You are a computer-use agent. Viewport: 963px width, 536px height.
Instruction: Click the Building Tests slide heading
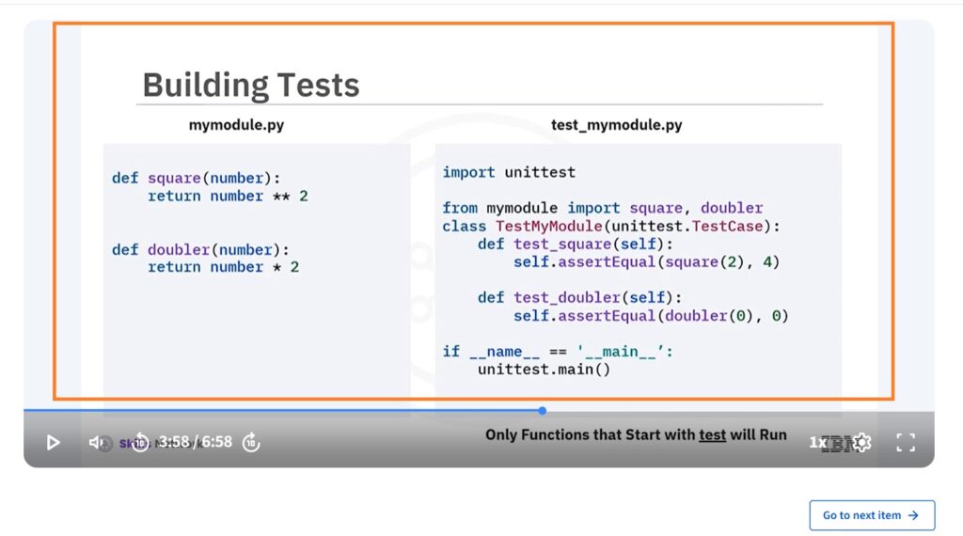point(250,86)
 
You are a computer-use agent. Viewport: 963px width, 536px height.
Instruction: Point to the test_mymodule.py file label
point(616,125)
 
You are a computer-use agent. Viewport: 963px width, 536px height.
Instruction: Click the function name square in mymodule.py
point(174,178)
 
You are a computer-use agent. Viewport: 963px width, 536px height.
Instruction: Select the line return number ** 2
point(228,196)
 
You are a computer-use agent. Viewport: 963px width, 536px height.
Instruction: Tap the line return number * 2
point(223,267)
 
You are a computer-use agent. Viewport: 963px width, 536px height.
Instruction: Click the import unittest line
point(509,172)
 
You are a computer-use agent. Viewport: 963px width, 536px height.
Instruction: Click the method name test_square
point(557,244)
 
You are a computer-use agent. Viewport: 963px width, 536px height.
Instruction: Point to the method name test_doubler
point(560,297)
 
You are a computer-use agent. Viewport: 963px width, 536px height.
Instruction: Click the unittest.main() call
point(544,370)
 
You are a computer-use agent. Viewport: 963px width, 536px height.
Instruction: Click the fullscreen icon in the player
point(905,443)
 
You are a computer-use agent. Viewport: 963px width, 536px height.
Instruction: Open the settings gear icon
point(862,443)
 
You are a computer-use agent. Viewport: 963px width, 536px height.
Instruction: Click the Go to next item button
point(872,515)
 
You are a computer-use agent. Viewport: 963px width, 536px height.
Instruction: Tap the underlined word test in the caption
point(712,434)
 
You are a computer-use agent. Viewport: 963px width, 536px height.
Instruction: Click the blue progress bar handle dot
point(543,410)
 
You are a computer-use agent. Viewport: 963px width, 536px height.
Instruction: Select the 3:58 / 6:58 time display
point(195,442)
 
